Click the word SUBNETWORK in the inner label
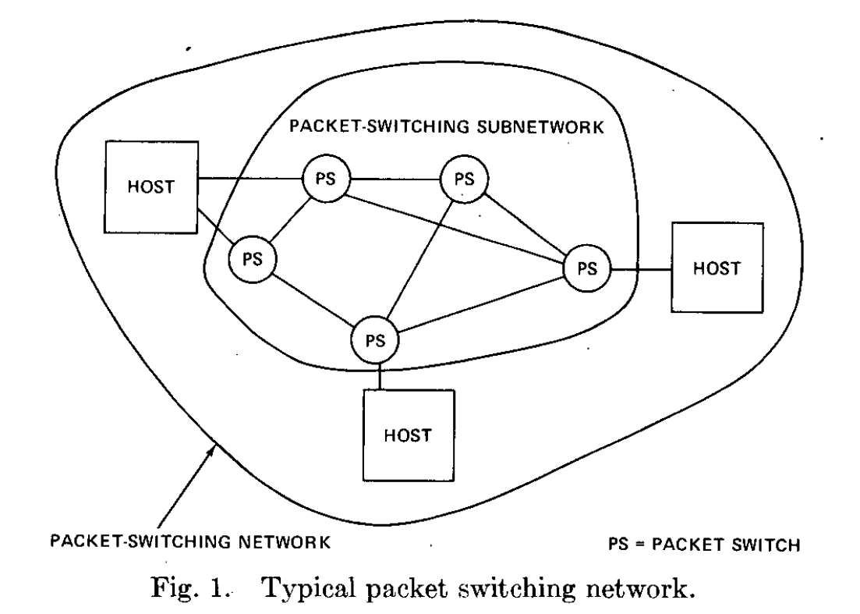click(x=540, y=126)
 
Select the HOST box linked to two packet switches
click(x=150, y=187)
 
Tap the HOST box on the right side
click(x=717, y=268)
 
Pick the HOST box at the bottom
click(x=409, y=435)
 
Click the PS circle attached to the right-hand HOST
click(x=587, y=268)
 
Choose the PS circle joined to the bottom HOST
click(x=375, y=340)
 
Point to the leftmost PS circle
click(x=253, y=259)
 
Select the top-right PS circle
click(x=464, y=179)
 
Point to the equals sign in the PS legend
click(x=639, y=545)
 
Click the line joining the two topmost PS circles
click(x=395, y=179)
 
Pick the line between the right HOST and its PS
click(x=641, y=269)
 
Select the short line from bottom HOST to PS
click(x=379, y=377)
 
